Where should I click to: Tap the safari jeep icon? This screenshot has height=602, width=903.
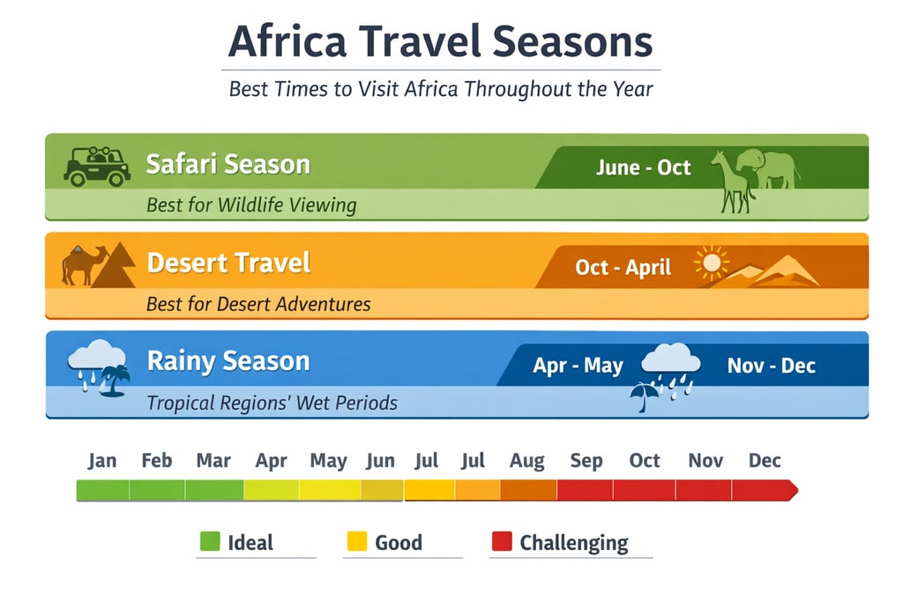(96, 165)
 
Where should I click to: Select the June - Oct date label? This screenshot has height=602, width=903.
(643, 167)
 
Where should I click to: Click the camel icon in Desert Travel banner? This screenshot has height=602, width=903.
(83, 264)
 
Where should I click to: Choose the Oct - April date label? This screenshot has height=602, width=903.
(623, 266)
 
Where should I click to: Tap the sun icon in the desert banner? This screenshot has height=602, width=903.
(712, 263)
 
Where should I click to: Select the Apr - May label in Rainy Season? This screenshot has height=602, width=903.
(578, 365)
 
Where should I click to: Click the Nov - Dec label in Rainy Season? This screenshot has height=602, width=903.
(771, 365)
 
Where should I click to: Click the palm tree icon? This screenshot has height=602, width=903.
(114, 382)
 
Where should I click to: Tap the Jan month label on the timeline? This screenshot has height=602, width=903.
(102, 461)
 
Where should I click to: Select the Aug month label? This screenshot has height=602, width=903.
(526, 461)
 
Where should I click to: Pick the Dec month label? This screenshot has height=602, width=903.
(765, 461)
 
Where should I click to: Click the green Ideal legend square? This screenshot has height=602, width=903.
(209, 542)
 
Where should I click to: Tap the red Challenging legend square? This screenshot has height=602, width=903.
(501, 542)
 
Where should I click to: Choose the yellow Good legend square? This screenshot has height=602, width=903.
(355, 542)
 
